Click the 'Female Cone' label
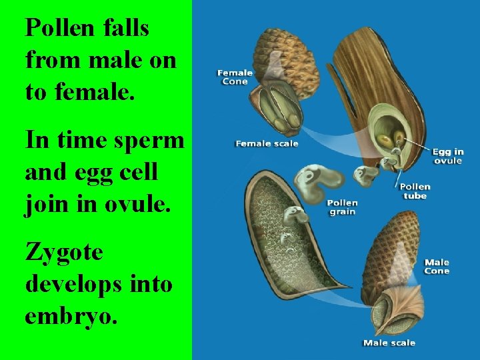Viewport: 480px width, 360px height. point(235,77)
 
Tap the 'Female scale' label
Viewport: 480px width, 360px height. point(267,143)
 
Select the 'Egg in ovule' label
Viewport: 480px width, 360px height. point(448,156)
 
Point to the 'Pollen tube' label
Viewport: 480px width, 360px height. point(415,191)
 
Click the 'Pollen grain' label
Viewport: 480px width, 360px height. point(342,207)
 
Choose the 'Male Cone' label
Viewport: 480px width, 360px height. point(437,267)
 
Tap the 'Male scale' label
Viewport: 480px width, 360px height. point(389,343)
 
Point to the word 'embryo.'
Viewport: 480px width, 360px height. point(71,315)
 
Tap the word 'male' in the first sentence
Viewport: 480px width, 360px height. point(114,60)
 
